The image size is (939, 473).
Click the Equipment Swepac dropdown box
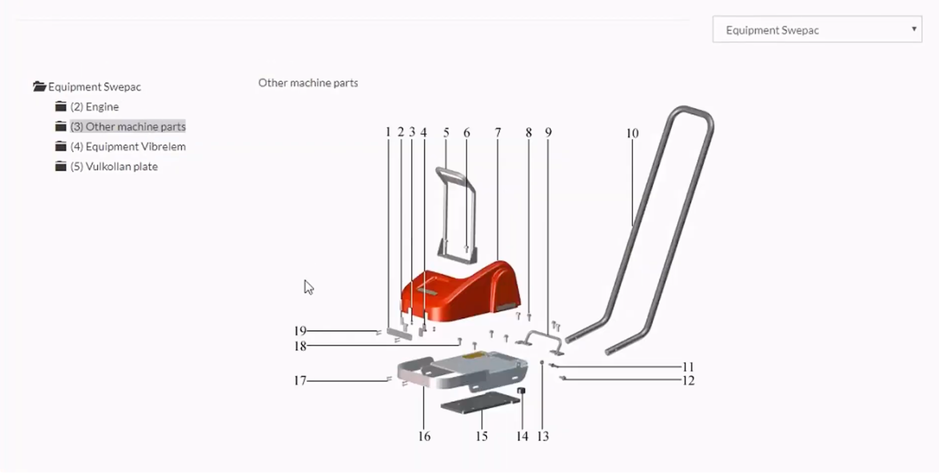(817, 30)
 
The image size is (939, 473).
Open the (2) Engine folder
(94, 107)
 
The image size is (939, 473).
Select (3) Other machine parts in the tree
(128, 127)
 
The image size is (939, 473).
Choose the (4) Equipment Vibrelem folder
(128, 147)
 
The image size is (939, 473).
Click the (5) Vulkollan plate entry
(114, 167)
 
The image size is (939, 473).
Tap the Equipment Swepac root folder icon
(39, 87)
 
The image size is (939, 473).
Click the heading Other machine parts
(308, 83)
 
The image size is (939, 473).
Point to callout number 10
(632, 134)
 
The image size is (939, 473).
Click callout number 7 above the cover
(498, 133)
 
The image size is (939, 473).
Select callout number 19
(300, 331)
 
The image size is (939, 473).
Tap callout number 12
(688, 381)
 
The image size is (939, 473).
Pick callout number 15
(481, 437)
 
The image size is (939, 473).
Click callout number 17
(300, 381)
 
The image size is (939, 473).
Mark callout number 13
(543, 437)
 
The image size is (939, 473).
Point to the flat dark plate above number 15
(480, 403)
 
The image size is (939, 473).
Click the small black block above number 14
(522, 391)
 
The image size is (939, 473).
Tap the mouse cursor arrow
(308, 288)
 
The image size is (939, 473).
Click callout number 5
(446, 133)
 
